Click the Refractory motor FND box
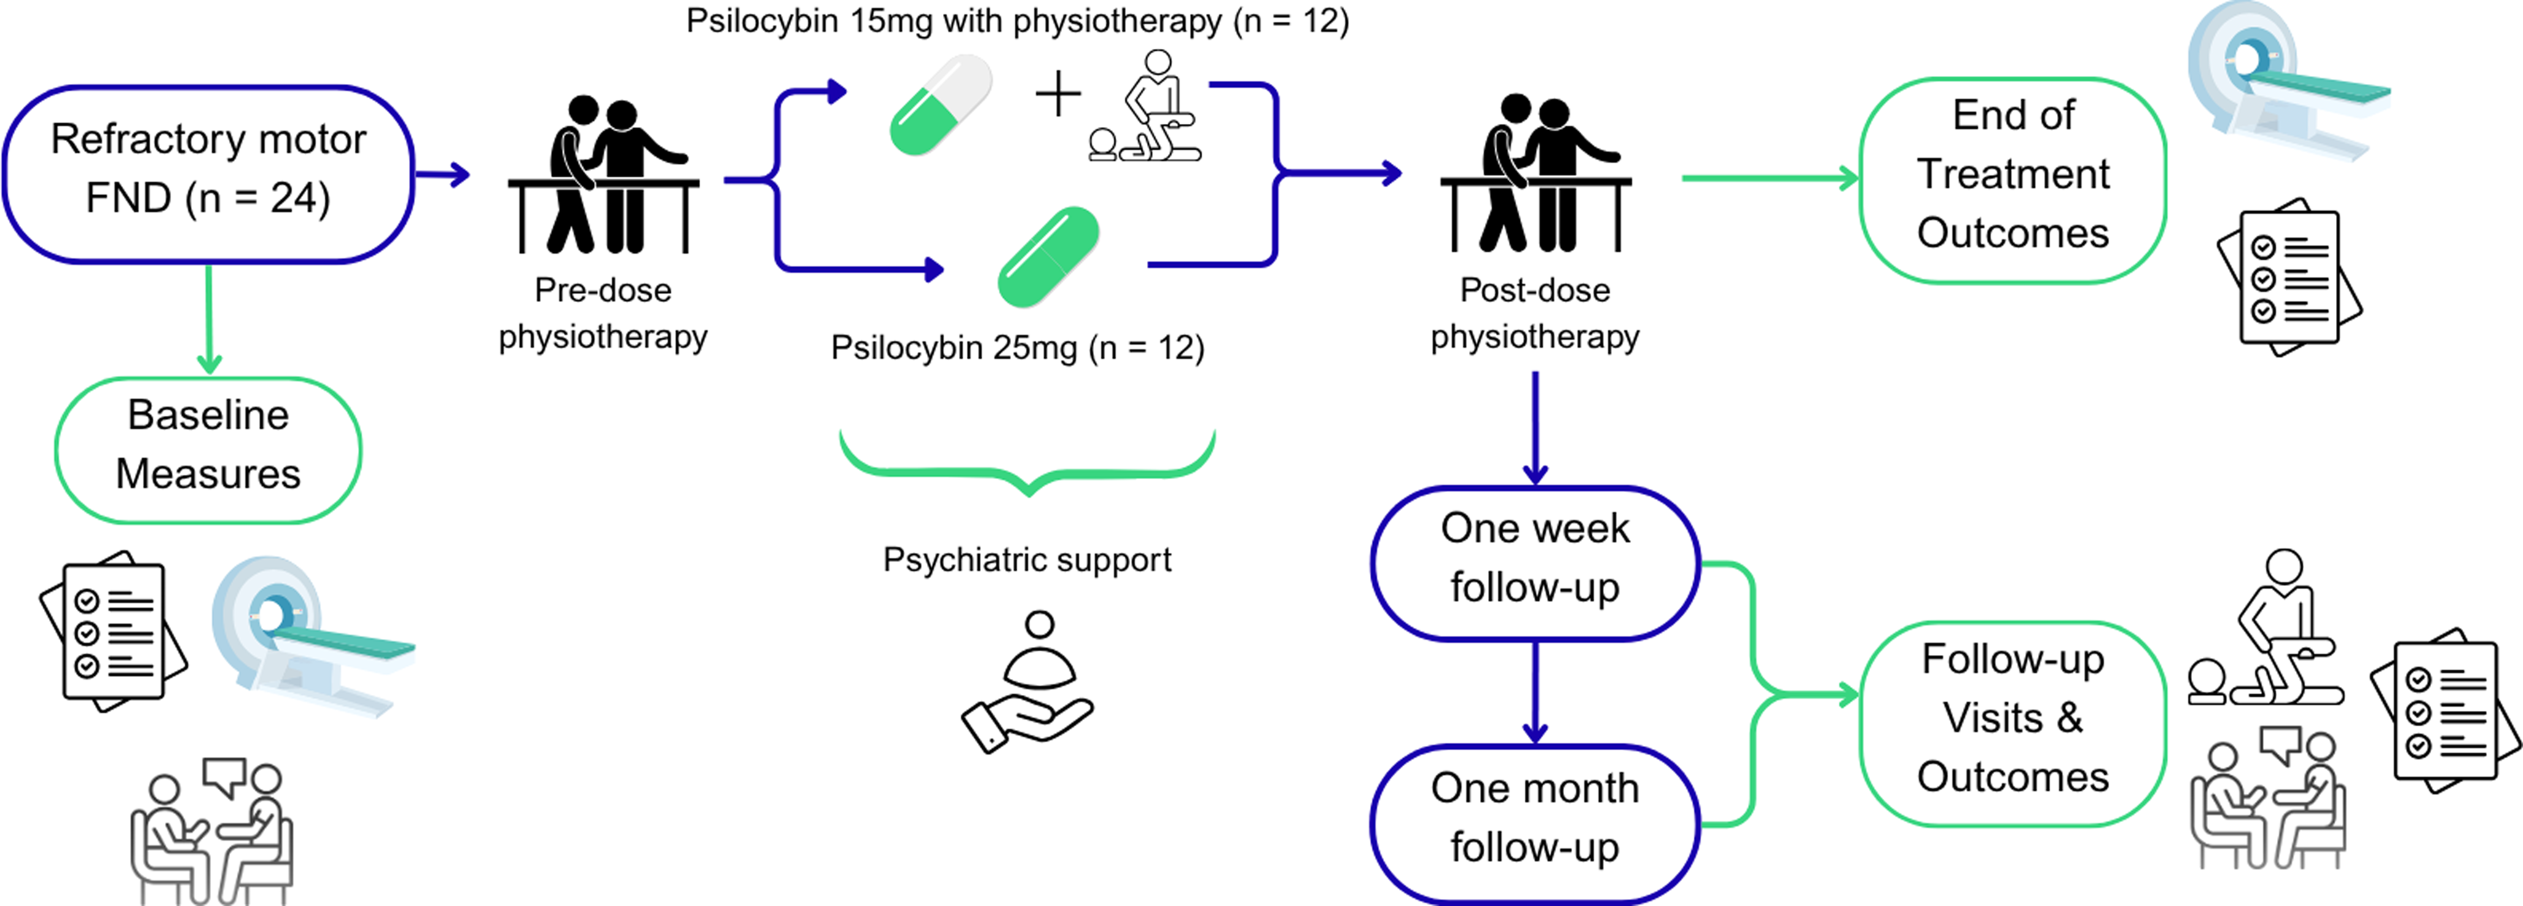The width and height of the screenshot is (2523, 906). (x=208, y=174)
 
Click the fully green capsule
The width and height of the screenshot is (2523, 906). (x=1048, y=256)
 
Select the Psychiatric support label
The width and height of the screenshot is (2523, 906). (x=1026, y=559)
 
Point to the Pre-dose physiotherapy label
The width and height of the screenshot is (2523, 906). (x=602, y=313)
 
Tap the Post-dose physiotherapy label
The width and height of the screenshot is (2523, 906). (x=1534, y=313)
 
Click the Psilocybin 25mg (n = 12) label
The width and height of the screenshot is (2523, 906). (x=1017, y=348)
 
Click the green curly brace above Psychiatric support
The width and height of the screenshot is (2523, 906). (x=1028, y=465)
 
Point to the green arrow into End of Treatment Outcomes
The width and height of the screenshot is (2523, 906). (x=1768, y=179)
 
